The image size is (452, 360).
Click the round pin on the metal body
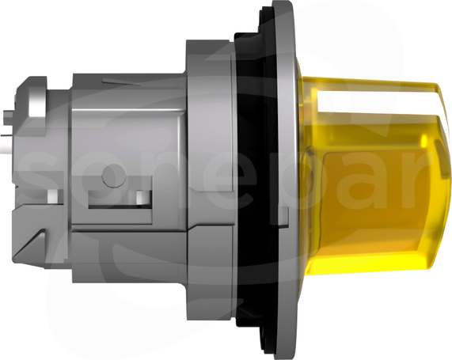click(x=113, y=176)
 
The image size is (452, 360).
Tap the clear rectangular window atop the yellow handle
click(x=374, y=101)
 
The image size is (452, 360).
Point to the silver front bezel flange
click(x=286, y=179)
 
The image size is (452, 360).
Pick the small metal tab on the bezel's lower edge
click(x=284, y=216)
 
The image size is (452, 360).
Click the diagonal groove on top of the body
click(x=121, y=81)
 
